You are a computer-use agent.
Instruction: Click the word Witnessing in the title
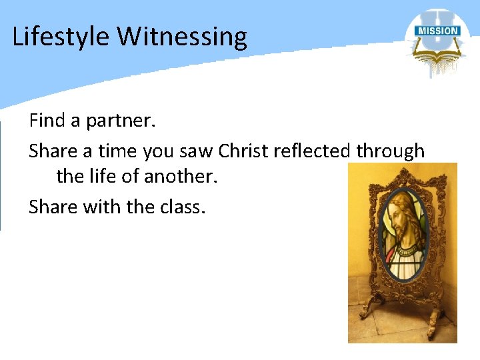[x=182, y=37]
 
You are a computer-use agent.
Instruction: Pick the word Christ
[x=245, y=151]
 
